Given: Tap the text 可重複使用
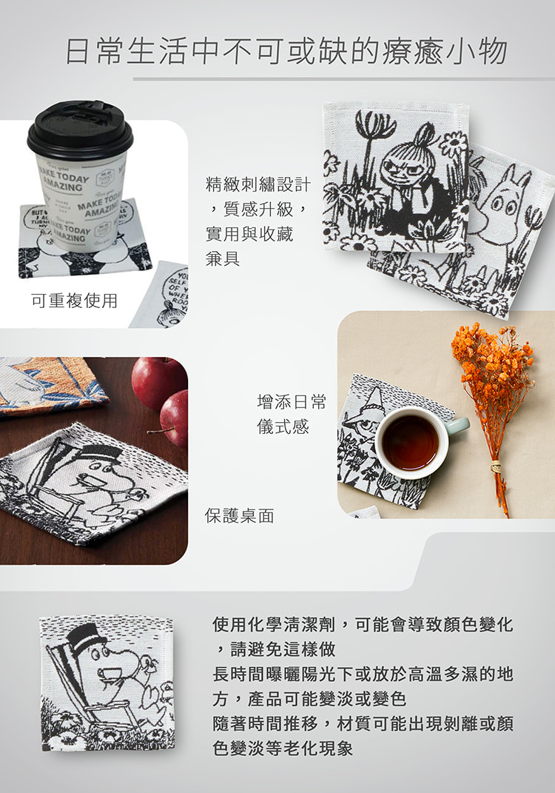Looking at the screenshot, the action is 74,301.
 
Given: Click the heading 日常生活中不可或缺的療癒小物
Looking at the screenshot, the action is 286,51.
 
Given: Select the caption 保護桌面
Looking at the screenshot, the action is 240,515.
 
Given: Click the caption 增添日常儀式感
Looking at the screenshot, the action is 291,414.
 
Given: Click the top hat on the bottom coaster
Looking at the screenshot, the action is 83,638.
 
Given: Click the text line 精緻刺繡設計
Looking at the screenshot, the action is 258,184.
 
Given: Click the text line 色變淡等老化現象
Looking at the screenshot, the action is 283,748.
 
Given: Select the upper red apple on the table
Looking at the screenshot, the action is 157,382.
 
